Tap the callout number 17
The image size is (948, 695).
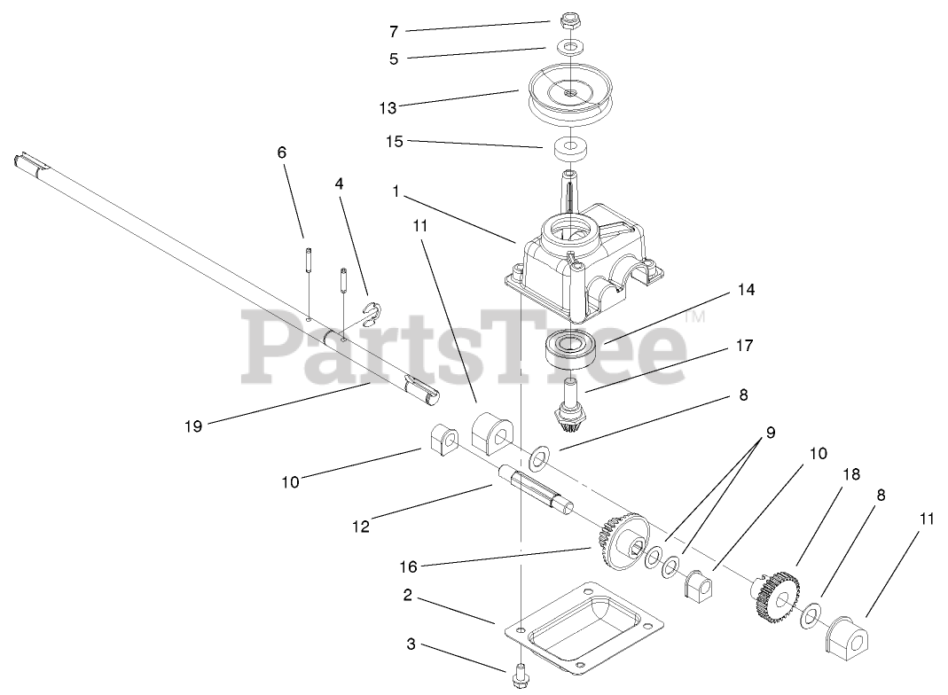(x=746, y=346)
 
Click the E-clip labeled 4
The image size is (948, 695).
(x=378, y=312)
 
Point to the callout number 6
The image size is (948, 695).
(x=282, y=152)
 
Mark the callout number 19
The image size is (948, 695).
(x=193, y=426)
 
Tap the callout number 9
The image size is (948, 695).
(x=771, y=433)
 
